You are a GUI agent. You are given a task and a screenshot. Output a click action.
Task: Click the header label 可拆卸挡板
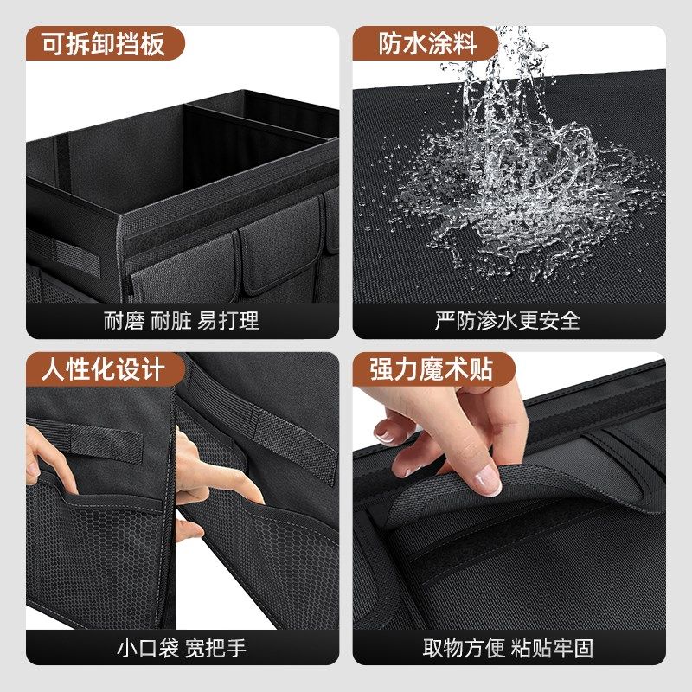pyautogui.click(x=95, y=42)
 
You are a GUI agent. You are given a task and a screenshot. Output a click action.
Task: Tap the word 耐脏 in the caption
pyautogui.click(x=170, y=321)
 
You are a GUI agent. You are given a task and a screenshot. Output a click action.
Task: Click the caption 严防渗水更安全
pyautogui.click(x=507, y=321)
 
